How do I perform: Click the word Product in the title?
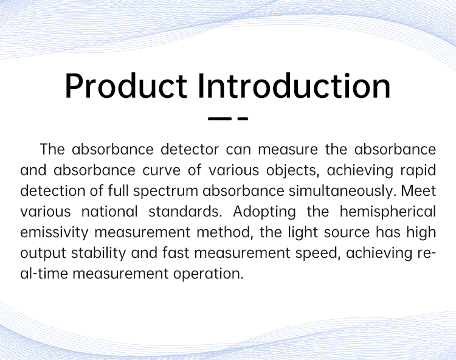(126, 86)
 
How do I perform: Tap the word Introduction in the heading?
(294, 86)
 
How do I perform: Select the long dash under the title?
(219, 119)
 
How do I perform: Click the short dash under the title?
(243, 119)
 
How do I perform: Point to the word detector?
(190, 150)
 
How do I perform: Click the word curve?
(161, 170)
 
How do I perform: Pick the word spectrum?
(166, 192)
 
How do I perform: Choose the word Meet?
(418, 191)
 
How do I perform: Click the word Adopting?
(264, 212)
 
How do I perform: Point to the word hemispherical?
(388, 212)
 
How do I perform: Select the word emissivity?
(54, 233)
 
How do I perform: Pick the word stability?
(98, 254)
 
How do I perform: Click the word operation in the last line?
(208, 274)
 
